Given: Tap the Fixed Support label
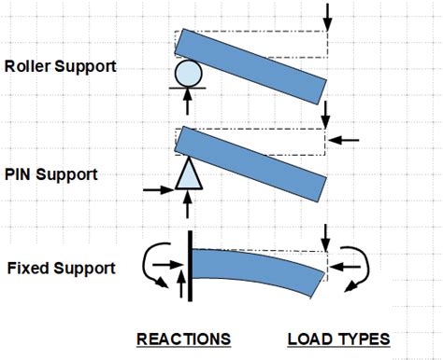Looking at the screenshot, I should click(x=61, y=268).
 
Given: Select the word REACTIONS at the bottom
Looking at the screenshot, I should click(x=183, y=338).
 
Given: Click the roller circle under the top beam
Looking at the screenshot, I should click(x=188, y=74).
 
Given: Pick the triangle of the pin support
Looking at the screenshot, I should click(x=188, y=174).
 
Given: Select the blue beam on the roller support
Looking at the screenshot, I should click(x=252, y=58).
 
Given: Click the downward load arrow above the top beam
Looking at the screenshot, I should click(x=326, y=15).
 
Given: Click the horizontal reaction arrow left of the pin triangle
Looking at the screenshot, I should click(x=160, y=189).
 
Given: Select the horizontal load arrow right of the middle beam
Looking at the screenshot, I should click(x=344, y=139).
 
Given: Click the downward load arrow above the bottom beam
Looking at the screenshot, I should click(x=326, y=236).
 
